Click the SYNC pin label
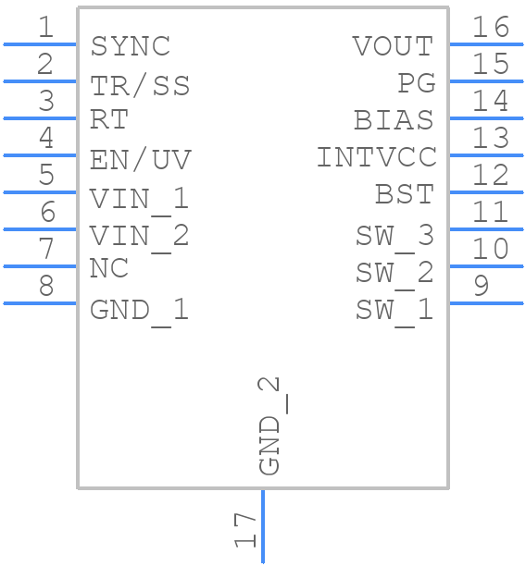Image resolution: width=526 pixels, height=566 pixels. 131,46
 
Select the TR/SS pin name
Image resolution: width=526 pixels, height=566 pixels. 140,85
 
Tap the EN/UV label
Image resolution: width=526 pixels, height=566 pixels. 140,161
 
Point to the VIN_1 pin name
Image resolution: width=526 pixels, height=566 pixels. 139,199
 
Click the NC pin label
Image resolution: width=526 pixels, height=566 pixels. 108,269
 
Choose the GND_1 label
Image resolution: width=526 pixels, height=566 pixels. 139,311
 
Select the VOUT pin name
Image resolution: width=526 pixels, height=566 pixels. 393,46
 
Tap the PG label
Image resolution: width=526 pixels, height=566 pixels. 416,83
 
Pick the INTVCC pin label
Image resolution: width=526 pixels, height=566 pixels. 376,158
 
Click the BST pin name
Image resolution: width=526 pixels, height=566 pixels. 404,195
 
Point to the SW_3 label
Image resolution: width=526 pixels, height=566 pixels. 394,236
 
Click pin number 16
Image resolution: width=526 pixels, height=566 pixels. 491,27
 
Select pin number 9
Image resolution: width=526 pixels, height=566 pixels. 481,286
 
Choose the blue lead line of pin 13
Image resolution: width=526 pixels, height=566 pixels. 486,154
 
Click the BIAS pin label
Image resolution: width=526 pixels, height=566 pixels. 394,120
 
